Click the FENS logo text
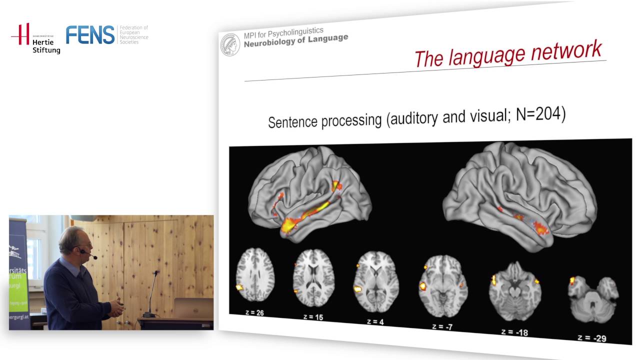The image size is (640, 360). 90,34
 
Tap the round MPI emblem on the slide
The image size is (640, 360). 230,44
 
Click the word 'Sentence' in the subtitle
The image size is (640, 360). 292,121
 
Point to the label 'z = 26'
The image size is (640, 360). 252,312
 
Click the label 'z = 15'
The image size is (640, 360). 312,316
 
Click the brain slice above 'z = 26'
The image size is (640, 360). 254,277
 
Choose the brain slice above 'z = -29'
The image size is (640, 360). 593,299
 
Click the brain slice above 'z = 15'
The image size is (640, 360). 313,279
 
